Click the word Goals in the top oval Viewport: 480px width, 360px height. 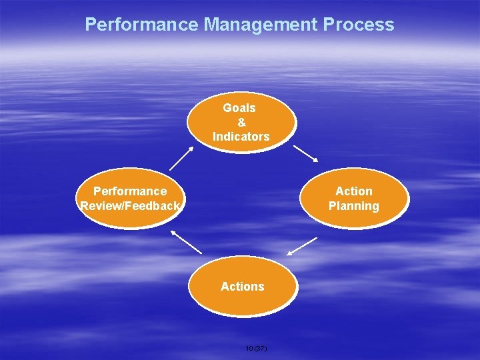(x=239, y=108)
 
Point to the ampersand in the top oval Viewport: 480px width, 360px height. (x=241, y=122)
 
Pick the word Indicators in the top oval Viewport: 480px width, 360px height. (x=241, y=137)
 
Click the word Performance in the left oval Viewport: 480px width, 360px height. (x=130, y=192)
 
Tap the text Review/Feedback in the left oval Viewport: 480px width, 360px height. (x=130, y=207)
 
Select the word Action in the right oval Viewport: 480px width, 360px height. (x=354, y=192)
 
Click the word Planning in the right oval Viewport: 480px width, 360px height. (x=354, y=207)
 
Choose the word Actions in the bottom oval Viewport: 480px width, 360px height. (x=243, y=287)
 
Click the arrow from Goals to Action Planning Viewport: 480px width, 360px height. (x=306, y=154)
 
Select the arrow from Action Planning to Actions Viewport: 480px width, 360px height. (x=302, y=246)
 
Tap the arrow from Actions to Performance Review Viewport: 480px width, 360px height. (x=186, y=241)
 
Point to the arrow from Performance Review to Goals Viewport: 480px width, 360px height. (x=181, y=158)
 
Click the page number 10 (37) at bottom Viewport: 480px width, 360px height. (x=256, y=348)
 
